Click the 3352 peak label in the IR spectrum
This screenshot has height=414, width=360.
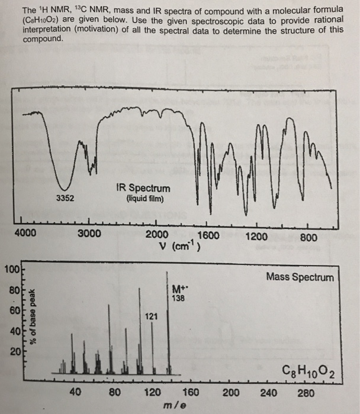(x=65, y=198)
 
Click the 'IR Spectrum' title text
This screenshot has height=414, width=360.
(x=143, y=188)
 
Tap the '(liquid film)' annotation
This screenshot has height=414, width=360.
(x=143, y=199)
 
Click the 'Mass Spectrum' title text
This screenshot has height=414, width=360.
(x=300, y=277)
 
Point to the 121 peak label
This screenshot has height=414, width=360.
(x=151, y=316)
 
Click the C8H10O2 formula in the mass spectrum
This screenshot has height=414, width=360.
(x=310, y=371)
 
